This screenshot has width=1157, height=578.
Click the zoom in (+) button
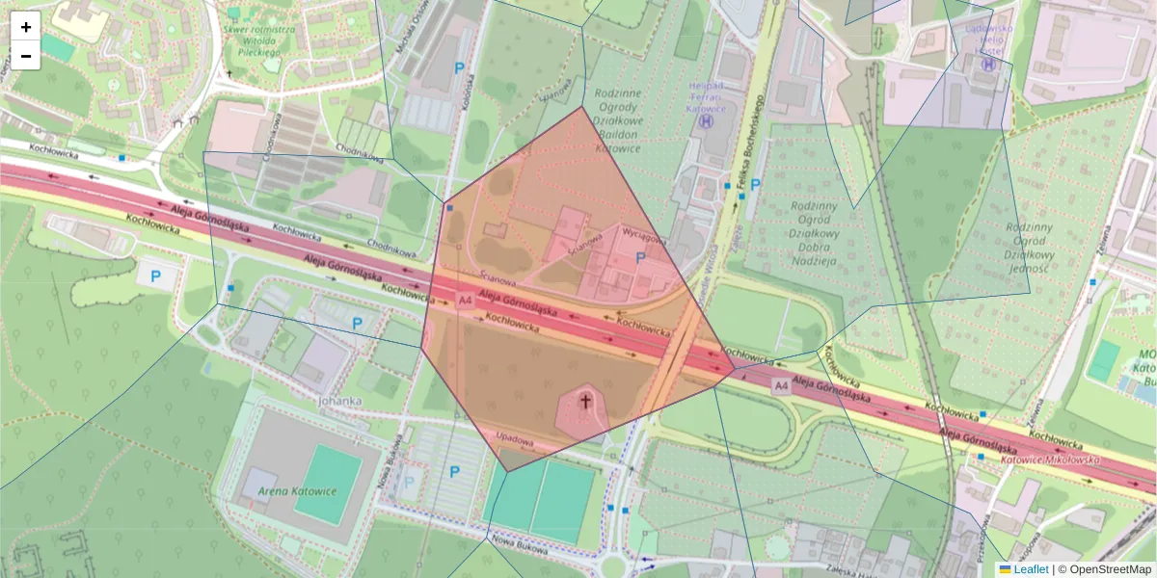coord(26,27)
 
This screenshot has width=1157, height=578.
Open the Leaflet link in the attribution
coord(1030,569)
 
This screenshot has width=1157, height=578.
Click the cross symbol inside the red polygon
coord(584,400)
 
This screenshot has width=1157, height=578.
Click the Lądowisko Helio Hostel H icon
coord(987,64)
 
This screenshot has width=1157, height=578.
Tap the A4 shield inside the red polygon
coord(466,301)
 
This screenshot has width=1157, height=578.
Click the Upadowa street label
coord(514,439)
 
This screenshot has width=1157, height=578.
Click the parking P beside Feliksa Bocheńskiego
coord(755,185)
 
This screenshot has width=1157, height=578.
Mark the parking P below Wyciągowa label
coord(640,258)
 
